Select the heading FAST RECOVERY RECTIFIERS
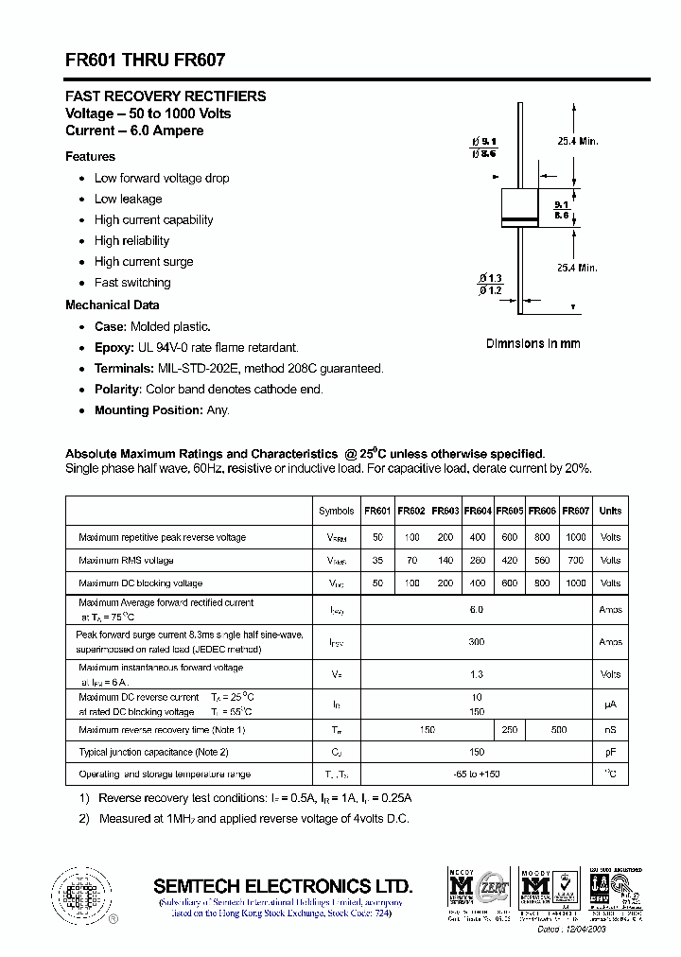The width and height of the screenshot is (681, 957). (x=166, y=96)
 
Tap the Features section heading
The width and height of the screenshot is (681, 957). (x=90, y=157)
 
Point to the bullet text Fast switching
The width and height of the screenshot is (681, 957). (x=132, y=283)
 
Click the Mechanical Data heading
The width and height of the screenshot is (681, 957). (x=112, y=305)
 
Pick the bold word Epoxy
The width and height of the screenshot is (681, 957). (x=112, y=348)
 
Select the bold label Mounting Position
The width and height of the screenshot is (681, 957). (x=148, y=410)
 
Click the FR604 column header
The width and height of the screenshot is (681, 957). (x=478, y=511)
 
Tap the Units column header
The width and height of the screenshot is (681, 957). (x=610, y=511)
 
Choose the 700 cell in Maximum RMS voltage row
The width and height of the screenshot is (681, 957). (x=575, y=561)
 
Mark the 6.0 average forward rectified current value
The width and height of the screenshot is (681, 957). (x=477, y=610)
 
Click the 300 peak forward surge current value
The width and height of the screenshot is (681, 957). (x=477, y=642)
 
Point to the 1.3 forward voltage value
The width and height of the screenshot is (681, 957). (x=477, y=674)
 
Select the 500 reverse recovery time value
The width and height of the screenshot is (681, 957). (x=559, y=730)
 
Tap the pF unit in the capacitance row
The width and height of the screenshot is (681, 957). (x=610, y=753)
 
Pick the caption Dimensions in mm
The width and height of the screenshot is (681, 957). (x=533, y=344)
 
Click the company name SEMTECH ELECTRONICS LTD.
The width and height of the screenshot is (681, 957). (x=283, y=886)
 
